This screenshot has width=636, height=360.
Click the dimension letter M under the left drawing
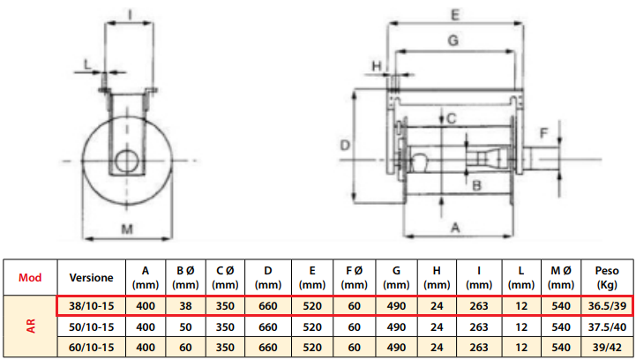pos(128,230)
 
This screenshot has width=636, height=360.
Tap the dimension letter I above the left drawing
pos(130,13)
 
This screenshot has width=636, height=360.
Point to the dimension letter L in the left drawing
pos(86,63)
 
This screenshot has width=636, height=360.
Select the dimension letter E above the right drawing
pos(453,14)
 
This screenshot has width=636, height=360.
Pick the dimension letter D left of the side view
pos(345,145)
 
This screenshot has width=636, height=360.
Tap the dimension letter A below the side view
pos(456,227)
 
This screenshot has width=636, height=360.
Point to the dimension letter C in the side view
pos(449,117)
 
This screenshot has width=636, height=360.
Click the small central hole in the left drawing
pos(126,161)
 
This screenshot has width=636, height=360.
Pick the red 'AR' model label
pos(30,326)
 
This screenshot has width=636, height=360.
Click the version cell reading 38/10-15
pos(91,305)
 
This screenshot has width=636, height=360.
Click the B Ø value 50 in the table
pos(184,326)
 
